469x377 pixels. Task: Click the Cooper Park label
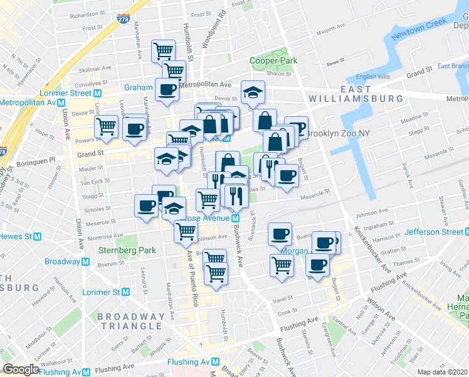tap(273, 60)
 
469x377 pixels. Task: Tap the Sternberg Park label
tap(119, 249)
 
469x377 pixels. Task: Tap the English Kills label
tap(372, 77)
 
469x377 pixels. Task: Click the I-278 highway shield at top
tap(124, 19)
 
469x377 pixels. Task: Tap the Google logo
tap(20, 369)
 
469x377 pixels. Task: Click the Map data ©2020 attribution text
tap(442, 372)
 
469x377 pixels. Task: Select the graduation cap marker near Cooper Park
tap(252, 93)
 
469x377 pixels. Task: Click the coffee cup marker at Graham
tap(167, 89)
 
